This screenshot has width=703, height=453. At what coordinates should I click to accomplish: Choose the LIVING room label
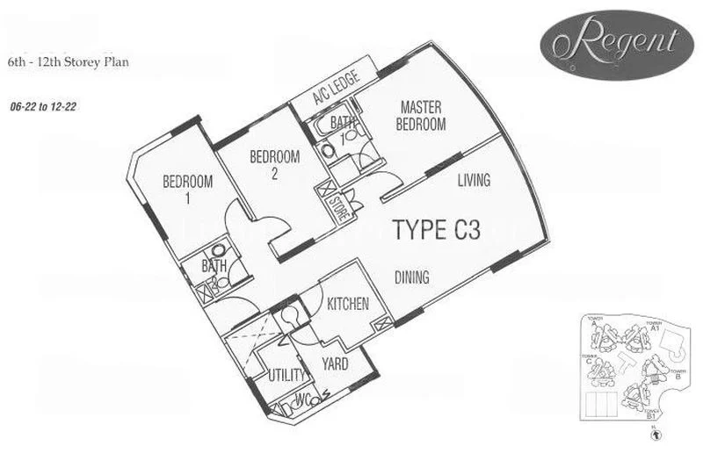(x=474, y=180)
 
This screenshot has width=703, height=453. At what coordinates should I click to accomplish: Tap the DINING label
(x=411, y=278)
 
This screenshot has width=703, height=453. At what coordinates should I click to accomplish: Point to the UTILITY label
(x=286, y=376)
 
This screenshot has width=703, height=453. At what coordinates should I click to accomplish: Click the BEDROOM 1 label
(x=188, y=190)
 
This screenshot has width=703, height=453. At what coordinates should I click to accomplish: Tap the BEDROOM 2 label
(x=274, y=165)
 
